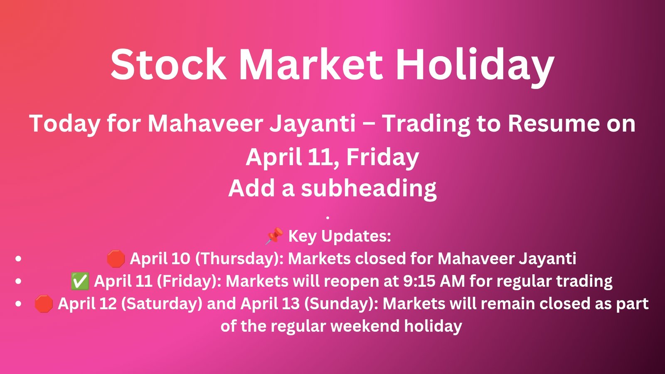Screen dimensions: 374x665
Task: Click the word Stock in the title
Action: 168,65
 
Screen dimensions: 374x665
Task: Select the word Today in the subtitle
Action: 64,124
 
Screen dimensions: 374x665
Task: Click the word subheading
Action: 369,188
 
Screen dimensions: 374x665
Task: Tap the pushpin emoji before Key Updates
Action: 274,236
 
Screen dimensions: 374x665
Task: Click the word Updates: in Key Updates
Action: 356,236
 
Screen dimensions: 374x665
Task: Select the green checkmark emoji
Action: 80,281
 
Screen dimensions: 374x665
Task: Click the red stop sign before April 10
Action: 116,259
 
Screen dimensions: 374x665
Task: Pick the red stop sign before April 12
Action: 44,304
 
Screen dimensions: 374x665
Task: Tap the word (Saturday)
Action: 162,304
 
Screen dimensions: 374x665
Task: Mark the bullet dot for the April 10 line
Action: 18,259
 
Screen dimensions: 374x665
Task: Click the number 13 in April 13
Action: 291,304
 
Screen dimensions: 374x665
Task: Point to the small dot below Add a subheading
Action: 328,217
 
